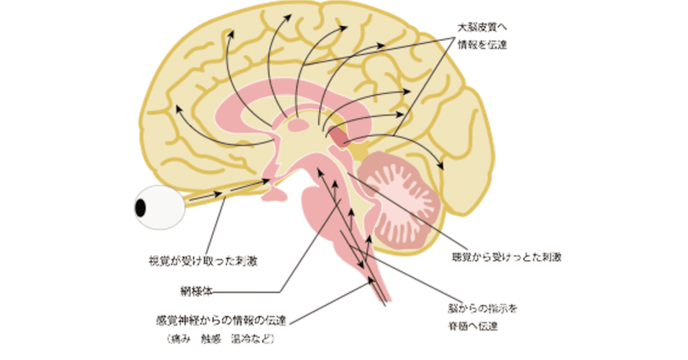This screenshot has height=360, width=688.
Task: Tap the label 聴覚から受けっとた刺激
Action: click(x=506, y=257)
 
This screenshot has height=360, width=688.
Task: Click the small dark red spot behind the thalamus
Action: click(x=338, y=136)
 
